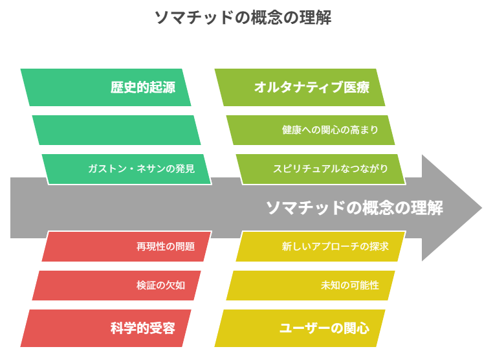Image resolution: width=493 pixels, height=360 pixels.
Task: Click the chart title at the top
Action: tap(243, 17)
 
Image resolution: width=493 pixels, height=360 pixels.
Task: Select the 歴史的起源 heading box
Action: tap(105, 87)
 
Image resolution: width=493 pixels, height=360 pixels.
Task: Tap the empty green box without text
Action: tap(116, 130)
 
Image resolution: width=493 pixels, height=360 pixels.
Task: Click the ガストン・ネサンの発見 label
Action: tap(142, 169)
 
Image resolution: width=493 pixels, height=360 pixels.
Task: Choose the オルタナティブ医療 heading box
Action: tap(300, 87)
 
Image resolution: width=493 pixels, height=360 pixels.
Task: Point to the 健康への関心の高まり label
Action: tap(330, 129)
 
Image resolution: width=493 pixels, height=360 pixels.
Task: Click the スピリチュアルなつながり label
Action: tap(331, 169)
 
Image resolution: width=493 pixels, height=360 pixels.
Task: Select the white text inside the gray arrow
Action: tap(355, 208)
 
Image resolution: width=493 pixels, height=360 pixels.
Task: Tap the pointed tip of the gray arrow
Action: tap(482, 208)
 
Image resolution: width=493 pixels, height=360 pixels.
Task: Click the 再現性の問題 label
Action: tap(166, 247)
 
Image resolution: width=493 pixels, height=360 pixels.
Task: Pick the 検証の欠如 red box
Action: tap(116, 286)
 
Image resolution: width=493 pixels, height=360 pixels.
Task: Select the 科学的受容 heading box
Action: tap(105, 328)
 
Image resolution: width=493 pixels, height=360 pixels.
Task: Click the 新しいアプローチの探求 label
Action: tap(335, 247)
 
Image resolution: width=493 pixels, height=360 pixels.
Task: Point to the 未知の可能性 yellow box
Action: tap(311, 286)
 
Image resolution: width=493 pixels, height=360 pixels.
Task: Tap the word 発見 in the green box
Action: tap(185, 169)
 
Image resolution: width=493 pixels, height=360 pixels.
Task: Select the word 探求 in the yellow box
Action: tap(379, 247)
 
